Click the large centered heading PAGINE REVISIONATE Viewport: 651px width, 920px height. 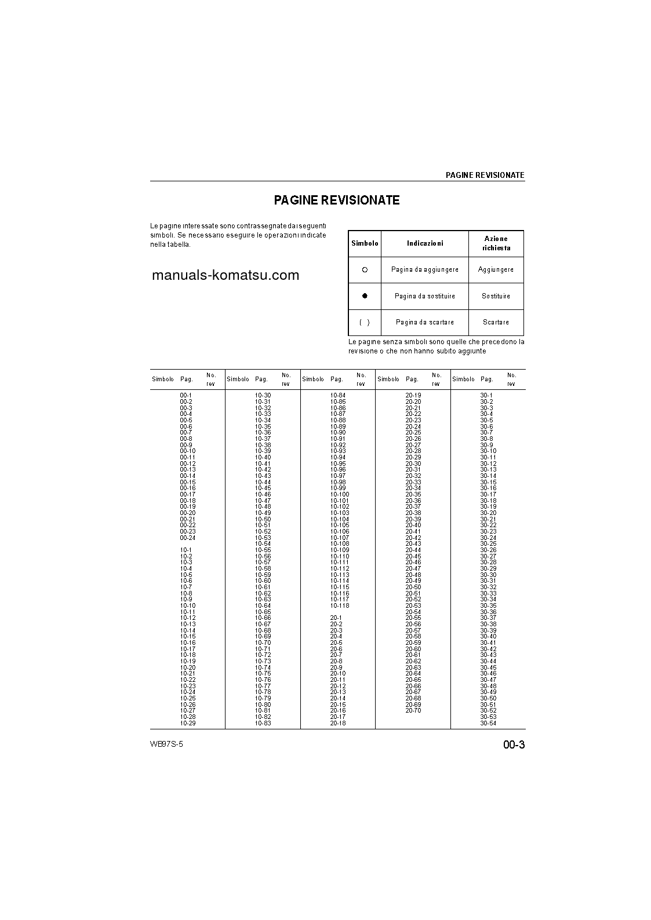[337, 200]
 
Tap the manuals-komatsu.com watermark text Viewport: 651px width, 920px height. [226, 275]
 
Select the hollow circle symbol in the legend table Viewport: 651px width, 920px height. [365, 270]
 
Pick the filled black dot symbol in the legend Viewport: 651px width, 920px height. [365, 296]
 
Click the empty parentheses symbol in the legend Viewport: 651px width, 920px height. [365, 322]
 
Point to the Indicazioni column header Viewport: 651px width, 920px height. [425, 244]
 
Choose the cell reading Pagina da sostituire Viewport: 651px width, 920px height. [425, 296]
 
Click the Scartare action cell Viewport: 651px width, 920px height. [496, 322]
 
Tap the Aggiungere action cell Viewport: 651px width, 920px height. [496, 270]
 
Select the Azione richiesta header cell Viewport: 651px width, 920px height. [496, 243]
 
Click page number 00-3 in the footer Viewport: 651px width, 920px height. [514, 745]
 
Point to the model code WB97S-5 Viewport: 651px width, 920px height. [166, 744]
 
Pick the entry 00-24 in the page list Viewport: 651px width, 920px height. [188, 538]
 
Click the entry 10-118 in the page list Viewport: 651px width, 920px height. [340, 605]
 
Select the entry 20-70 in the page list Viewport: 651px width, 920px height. [413, 710]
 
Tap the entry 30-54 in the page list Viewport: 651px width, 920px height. [488, 723]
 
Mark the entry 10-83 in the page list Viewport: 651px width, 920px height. [263, 723]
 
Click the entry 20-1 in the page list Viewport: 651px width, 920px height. [336, 618]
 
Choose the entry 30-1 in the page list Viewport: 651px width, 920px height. [486, 395]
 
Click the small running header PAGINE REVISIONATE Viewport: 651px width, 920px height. [485, 175]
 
